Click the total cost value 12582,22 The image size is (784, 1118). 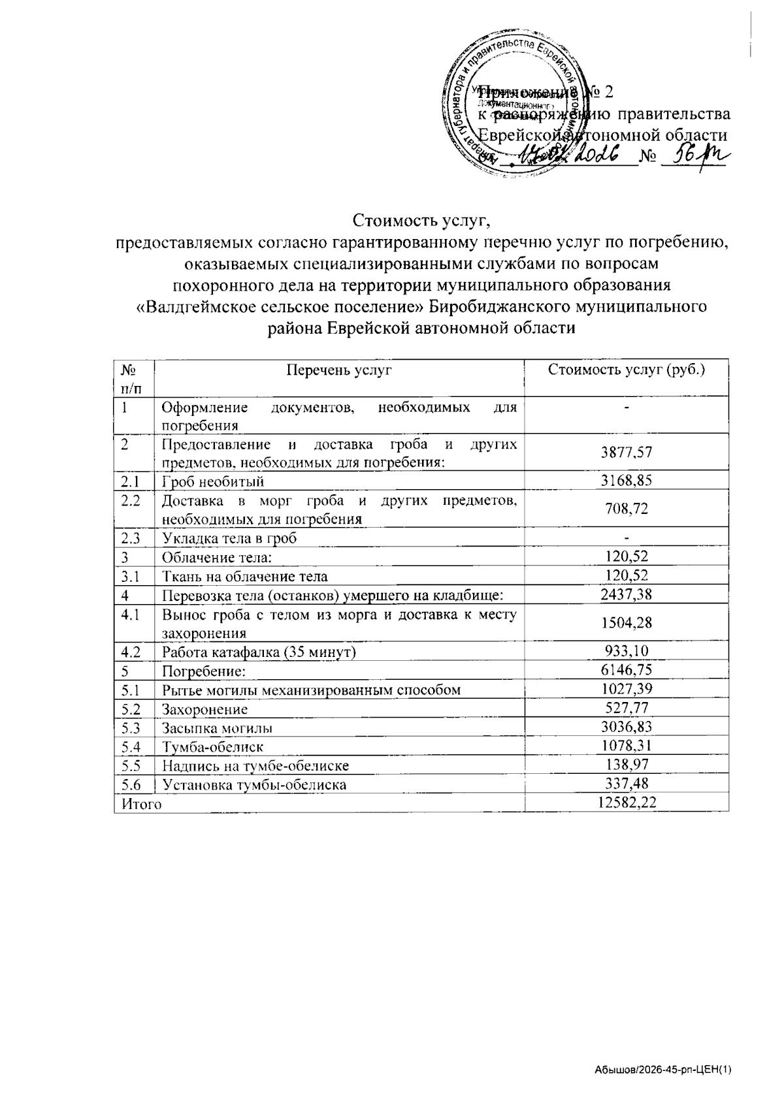pyautogui.click(x=627, y=803)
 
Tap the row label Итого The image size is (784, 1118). pyautogui.click(x=138, y=803)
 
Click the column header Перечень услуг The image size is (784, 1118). pyautogui.click(x=339, y=370)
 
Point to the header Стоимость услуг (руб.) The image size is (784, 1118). pyautogui.click(x=627, y=370)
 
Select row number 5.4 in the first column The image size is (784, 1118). pyautogui.click(x=131, y=746)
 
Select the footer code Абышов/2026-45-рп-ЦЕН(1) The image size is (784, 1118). pyautogui.click(x=662, y=1070)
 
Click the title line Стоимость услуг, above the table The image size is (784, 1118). pyautogui.click(x=421, y=220)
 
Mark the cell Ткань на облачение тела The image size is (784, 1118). pyautogui.click(x=244, y=576)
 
